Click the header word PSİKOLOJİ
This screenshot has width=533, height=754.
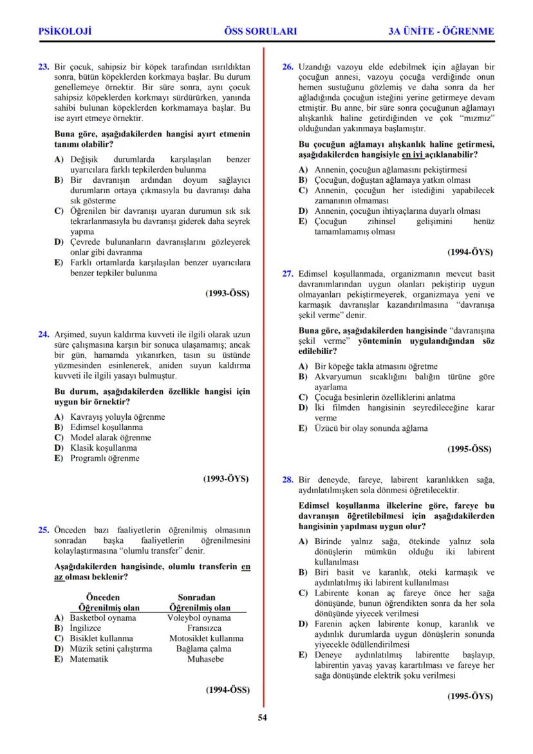tap(65, 31)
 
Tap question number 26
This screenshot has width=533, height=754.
tap(288, 66)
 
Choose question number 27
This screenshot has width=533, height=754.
tap(288, 273)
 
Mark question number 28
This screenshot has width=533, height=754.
tap(288, 479)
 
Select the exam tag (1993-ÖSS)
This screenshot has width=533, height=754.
tap(227, 293)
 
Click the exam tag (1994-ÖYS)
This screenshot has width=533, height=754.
tap(470, 253)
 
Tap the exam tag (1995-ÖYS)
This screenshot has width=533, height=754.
tap(470, 696)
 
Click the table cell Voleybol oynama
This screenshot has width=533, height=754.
tap(200, 617)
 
